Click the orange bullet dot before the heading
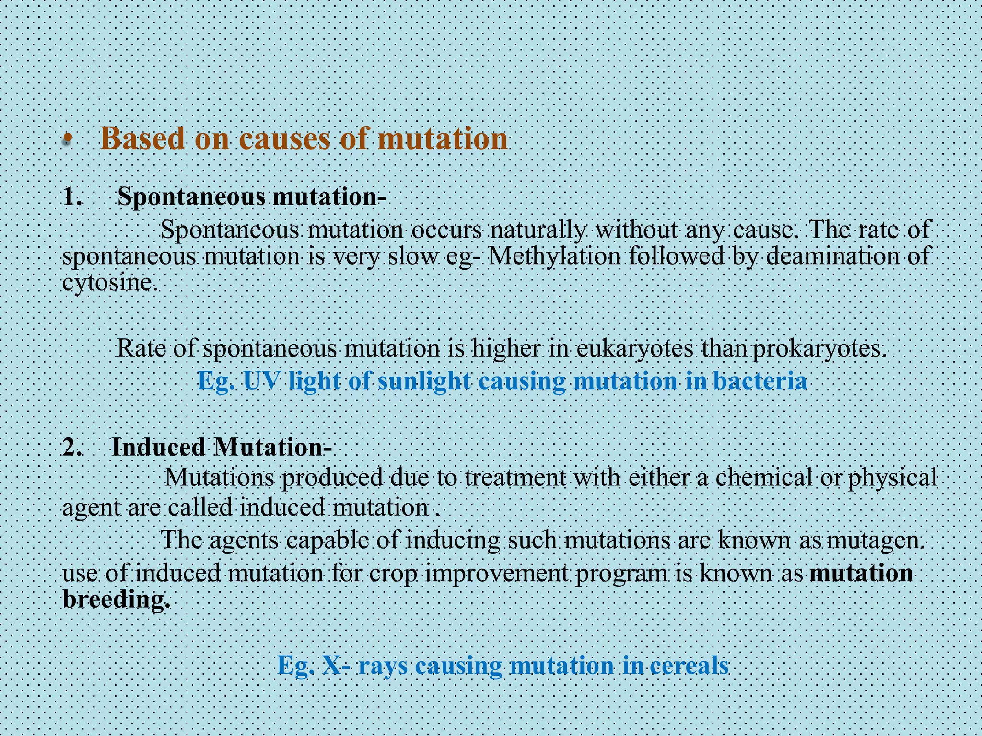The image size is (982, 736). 68,140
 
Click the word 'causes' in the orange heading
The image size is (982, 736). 284,139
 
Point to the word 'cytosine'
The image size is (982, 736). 108,283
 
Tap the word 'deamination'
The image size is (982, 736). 832,256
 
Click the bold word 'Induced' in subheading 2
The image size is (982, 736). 158,448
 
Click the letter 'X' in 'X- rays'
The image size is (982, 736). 332,665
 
